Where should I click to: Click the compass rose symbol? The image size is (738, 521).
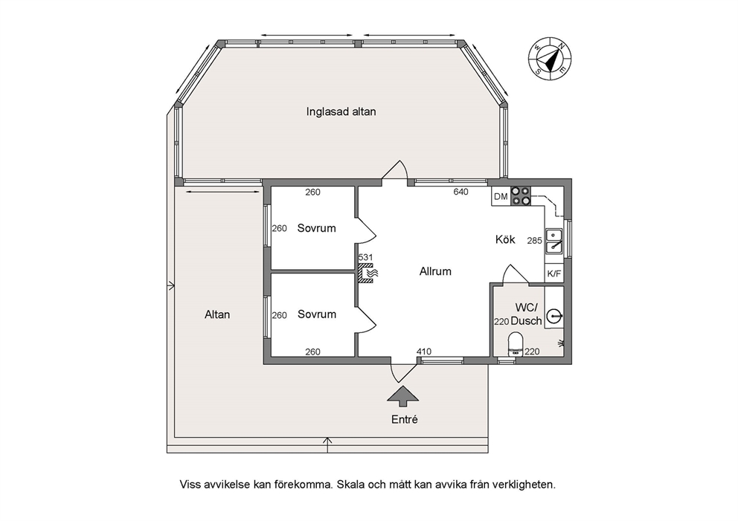(550, 59)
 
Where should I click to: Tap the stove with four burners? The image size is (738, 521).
(521, 196)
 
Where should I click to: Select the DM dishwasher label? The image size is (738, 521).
(501, 196)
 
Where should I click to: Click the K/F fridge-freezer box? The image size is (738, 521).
(554, 274)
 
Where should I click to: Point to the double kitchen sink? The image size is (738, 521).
(554, 241)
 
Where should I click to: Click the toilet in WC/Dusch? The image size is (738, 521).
(516, 343)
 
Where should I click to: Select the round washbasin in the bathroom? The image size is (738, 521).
(555, 316)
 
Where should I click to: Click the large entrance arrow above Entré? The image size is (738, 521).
(403, 396)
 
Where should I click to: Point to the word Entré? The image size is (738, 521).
(404, 419)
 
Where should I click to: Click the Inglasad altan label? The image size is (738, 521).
(341, 112)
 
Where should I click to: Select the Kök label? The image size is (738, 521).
(505, 239)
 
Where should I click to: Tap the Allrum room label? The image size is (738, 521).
(435, 271)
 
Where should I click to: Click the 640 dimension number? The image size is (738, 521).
(461, 192)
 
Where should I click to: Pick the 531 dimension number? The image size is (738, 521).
(366, 257)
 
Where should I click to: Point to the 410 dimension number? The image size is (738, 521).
(423, 352)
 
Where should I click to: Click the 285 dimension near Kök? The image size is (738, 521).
(534, 241)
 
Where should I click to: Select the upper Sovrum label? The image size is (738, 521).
(317, 228)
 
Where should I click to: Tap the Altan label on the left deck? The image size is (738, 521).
(217, 314)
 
